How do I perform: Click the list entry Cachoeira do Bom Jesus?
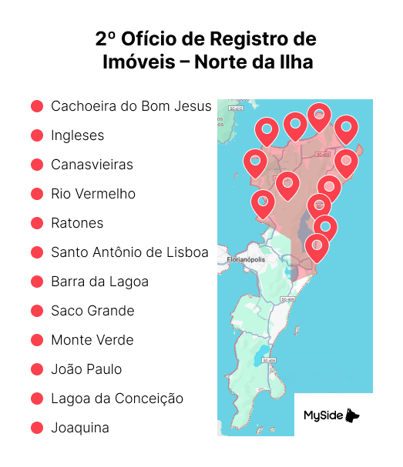(x=130, y=106)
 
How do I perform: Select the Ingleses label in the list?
(x=77, y=135)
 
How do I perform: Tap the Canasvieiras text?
(x=92, y=165)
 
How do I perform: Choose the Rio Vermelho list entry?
(x=92, y=194)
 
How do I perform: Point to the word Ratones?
(x=77, y=223)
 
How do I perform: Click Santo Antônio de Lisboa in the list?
(x=129, y=252)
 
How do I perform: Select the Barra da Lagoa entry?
(x=99, y=282)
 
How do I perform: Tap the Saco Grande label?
(x=92, y=311)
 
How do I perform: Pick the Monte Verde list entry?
(x=92, y=340)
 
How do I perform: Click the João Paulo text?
(x=86, y=369)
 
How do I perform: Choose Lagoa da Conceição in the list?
(x=117, y=399)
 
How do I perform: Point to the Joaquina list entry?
(x=80, y=428)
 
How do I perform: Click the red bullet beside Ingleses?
(x=36, y=135)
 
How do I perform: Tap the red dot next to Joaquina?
(x=36, y=428)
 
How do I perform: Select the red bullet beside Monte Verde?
(x=36, y=340)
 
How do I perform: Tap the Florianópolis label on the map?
(x=247, y=259)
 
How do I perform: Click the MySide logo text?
(x=323, y=416)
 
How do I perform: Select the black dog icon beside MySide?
(x=352, y=415)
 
